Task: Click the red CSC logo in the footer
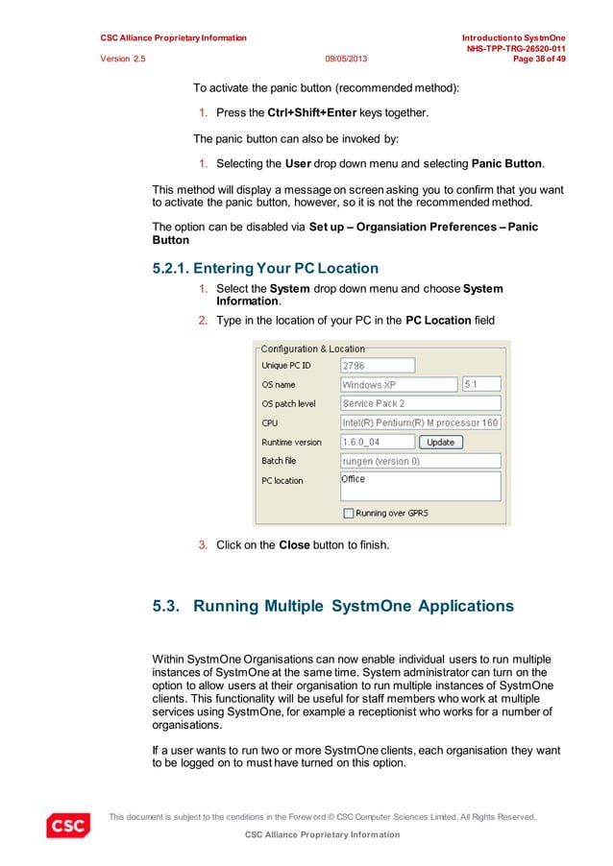point(68,825)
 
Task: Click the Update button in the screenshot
point(441,442)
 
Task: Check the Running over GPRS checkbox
point(348,513)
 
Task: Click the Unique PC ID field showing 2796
point(378,365)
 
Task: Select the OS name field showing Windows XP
point(399,384)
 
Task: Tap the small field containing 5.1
point(481,384)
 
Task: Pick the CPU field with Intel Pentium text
point(421,422)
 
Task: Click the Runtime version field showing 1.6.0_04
point(378,442)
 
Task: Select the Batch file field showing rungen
point(421,461)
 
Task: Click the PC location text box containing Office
point(421,485)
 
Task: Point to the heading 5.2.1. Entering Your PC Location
point(259,268)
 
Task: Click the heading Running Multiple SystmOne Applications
point(332,606)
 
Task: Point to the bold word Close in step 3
point(293,545)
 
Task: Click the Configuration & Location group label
point(313,349)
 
